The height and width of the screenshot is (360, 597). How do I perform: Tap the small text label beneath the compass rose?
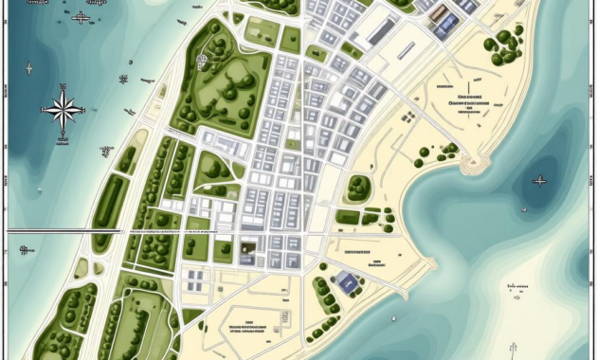coord(63,140)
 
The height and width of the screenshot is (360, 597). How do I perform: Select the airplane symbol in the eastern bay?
coord(540,180)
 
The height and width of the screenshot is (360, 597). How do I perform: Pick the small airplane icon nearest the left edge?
coord(28,67)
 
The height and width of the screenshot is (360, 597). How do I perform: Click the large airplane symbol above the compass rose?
coord(81,17)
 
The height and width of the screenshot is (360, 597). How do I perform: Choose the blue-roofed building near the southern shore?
coord(348,281)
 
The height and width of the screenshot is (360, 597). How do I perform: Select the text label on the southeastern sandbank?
coord(518,285)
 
